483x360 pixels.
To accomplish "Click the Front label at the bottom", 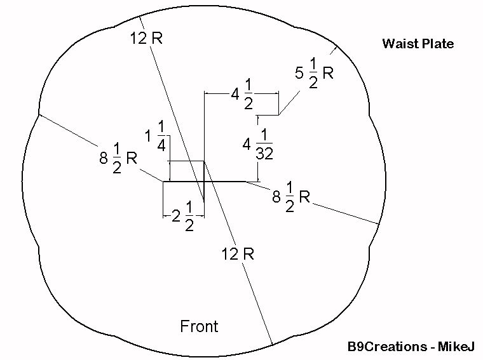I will pyautogui.click(x=199, y=326).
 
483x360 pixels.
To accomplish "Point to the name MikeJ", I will pyautogui.click(x=457, y=347).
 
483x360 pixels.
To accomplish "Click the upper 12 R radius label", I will pyautogui.click(x=147, y=38).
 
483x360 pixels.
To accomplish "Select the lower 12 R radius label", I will pyautogui.click(x=238, y=254).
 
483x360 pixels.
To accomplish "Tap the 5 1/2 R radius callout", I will pyautogui.click(x=315, y=74).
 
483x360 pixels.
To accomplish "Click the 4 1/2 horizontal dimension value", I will pyautogui.click(x=242, y=96).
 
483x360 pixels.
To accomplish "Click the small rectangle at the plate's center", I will pyautogui.click(x=186, y=171).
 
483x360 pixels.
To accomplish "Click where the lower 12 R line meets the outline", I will pyautogui.click(x=272, y=345).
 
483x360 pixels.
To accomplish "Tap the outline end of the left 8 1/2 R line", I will pyautogui.click(x=39, y=114).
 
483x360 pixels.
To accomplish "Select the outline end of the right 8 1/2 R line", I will pyautogui.click(x=379, y=223).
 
